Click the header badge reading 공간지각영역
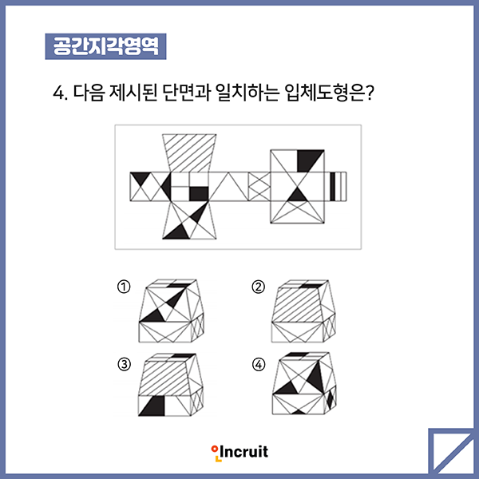(105, 46)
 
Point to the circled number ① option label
(124, 287)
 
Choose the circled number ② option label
(259, 287)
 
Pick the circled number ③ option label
(124, 365)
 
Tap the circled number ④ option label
(259, 365)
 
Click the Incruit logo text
(239, 453)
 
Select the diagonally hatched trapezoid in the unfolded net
(189, 153)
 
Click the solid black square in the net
(199, 194)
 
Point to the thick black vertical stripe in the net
(333, 187)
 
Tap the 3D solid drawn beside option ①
(172, 311)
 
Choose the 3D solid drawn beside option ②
(303, 311)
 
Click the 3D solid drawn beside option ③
(171, 385)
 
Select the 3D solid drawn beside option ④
(304, 383)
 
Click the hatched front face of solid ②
(297, 305)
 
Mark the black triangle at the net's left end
(141, 178)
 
